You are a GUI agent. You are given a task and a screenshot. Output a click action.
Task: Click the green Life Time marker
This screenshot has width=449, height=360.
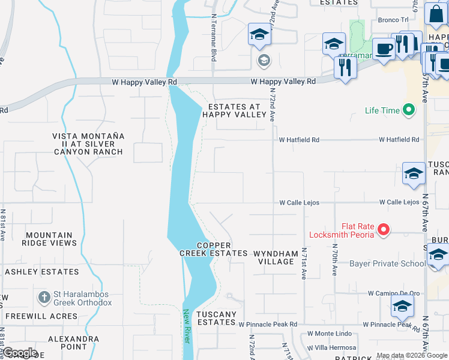pos(409,110)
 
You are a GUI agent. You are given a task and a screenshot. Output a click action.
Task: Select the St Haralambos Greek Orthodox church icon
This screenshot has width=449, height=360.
pos(44,297)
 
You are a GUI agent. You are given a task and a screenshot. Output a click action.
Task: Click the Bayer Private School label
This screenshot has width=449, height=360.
pos(387,263)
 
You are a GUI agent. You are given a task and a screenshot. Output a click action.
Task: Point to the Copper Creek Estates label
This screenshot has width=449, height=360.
pos(213,249)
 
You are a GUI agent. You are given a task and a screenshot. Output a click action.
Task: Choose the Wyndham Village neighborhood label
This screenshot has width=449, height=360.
pos(275,257)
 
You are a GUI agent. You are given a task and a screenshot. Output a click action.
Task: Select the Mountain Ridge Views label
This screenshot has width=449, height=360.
pos(49,239)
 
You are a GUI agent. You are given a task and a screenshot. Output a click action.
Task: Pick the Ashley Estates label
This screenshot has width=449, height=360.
pos(42,272)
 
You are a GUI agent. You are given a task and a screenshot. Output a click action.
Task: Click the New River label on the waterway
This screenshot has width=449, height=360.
pos(187,326)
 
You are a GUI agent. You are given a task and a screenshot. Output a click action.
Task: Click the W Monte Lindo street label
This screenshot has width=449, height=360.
pos(330,333)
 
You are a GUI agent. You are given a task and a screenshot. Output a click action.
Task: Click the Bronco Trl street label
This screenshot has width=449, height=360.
pos(393,20)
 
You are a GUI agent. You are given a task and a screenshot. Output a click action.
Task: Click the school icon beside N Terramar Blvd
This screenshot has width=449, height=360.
pos(259,34)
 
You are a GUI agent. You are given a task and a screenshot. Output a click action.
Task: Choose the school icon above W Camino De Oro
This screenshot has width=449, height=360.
pos(402,305)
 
